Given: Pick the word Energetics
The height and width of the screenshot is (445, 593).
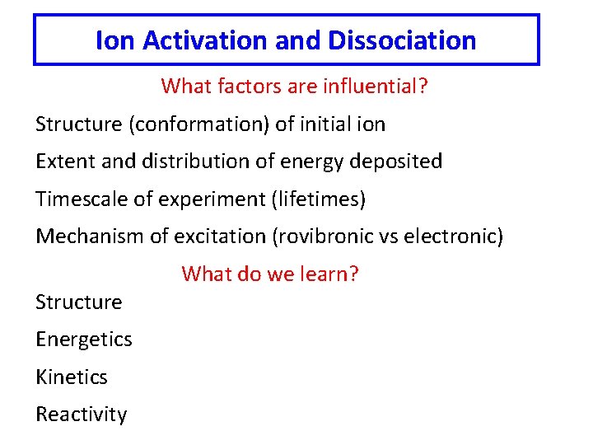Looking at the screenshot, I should click(x=84, y=340).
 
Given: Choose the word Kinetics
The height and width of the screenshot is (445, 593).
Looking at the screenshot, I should click(x=72, y=377).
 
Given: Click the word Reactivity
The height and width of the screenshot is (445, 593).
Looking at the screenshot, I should click(x=82, y=415).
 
